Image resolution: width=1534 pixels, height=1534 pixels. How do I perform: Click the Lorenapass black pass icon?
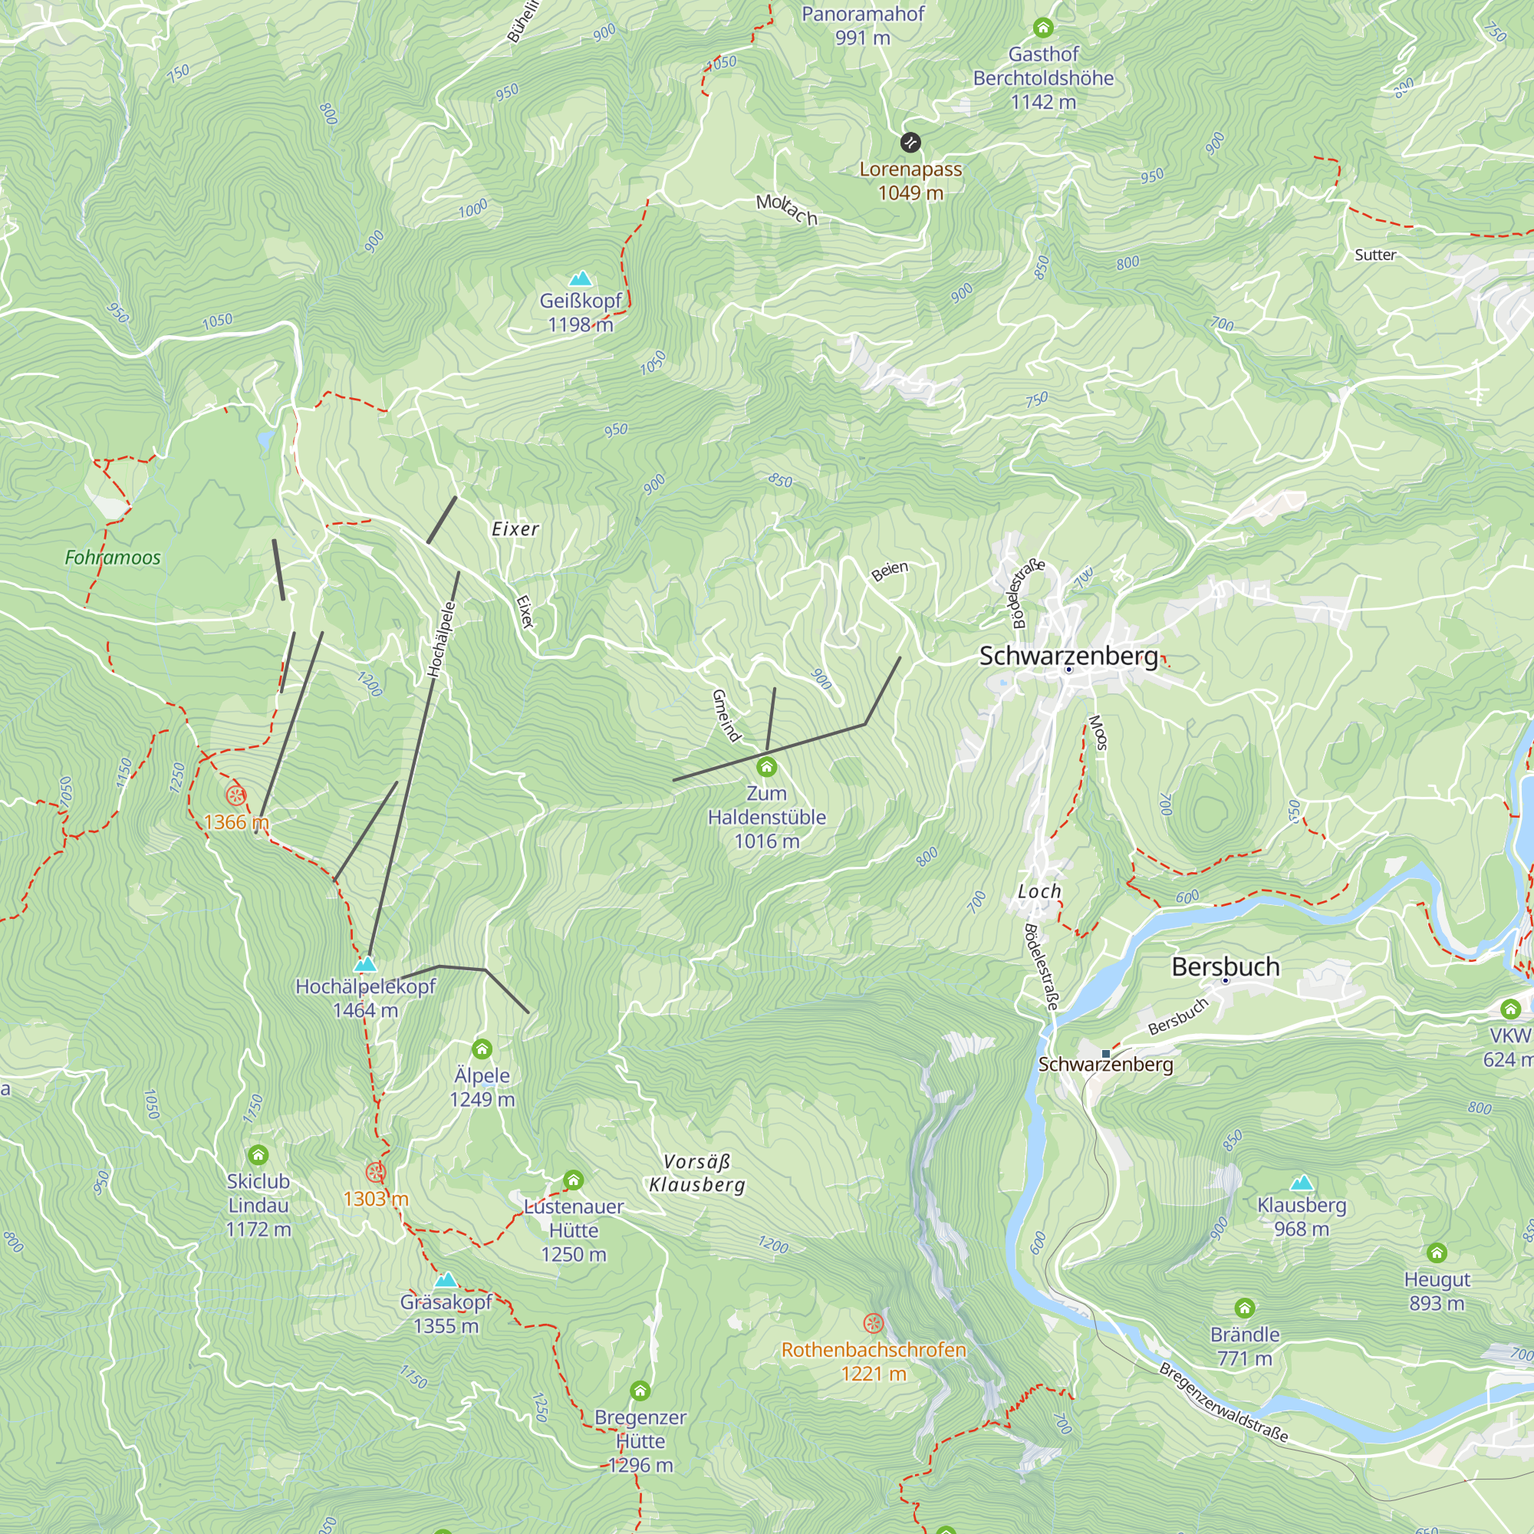tap(910, 143)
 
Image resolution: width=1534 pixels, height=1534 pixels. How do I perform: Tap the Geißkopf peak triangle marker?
tap(581, 278)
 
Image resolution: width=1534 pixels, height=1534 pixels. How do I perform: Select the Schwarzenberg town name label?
tap(1068, 656)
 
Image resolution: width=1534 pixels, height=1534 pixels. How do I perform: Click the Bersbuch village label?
tap(1225, 966)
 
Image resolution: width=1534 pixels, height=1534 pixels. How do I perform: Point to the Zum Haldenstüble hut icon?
tap(766, 767)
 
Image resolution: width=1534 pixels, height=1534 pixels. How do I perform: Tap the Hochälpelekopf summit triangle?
tap(365, 964)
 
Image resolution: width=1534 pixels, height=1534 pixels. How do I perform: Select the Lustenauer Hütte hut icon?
tap(573, 1180)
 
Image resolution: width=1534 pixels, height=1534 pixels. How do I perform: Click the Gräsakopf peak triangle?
tap(446, 1280)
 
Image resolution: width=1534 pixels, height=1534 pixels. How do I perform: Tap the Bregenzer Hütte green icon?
tap(640, 1391)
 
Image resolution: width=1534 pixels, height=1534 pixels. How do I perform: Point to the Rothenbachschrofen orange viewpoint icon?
tap(874, 1324)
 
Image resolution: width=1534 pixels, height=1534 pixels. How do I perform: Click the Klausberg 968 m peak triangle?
tap(1302, 1183)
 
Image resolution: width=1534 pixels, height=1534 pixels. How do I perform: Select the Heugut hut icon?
tap(1437, 1254)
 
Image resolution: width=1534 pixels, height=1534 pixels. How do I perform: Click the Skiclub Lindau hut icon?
tap(258, 1154)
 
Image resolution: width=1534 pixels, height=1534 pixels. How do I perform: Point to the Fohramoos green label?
tap(113, 558)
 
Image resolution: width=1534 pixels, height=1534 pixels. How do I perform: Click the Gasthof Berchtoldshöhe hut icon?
tap(1043, 28)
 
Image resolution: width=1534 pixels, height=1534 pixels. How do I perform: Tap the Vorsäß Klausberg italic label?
tap(697, 1173)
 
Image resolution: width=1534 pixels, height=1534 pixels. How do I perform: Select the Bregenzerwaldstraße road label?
tap(1223, 1403)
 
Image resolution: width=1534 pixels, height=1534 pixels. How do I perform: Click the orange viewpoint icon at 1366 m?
tap(235, 795)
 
